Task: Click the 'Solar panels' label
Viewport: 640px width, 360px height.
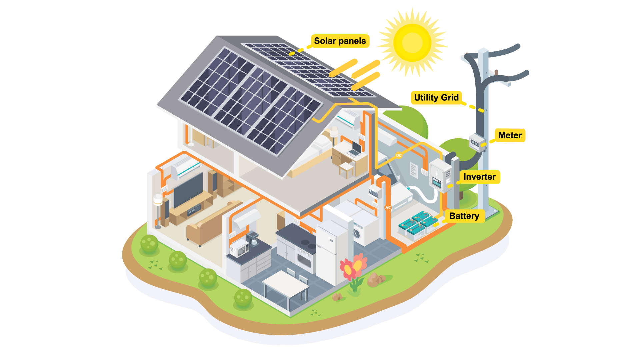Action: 340,41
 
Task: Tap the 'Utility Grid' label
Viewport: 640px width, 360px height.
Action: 436,98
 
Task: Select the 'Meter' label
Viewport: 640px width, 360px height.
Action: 510,135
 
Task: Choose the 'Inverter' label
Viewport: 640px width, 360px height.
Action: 479,177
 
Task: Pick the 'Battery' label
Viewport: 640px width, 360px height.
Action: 464,216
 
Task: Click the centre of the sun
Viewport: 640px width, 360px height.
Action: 412,42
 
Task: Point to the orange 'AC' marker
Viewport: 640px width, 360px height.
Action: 388,207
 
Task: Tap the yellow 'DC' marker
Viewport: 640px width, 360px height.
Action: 399,155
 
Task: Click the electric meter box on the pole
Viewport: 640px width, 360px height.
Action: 476,142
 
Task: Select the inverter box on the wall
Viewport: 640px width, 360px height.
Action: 440,176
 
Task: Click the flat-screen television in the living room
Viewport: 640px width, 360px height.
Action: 188,190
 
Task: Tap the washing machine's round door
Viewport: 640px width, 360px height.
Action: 357,233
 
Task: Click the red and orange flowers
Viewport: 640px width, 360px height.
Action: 353,267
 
